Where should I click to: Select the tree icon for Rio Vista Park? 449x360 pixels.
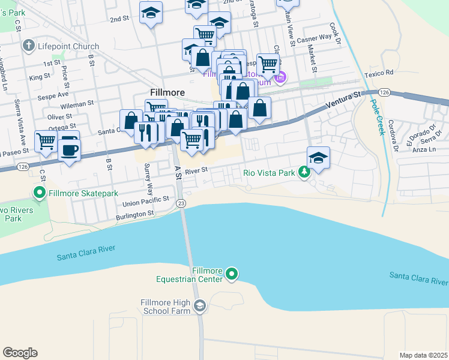click(304, 173)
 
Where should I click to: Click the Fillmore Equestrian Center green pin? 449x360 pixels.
click(232, 275)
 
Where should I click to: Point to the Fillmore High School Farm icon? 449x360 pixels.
click(199, 307)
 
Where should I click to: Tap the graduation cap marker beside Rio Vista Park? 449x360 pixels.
click(318, 158)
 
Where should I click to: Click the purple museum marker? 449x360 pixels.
click(279, 77)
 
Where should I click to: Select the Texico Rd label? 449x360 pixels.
click(378, 73)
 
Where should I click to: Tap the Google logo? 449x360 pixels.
click(20, 353)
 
